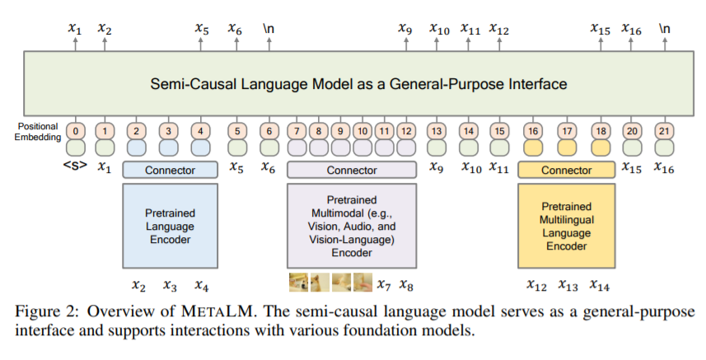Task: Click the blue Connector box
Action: (x=170, y=171)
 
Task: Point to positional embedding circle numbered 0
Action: (x=77, y=130)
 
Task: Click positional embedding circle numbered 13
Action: (x=437, y=130)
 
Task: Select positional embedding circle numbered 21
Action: (x=663, y=130)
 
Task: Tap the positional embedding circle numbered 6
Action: (x=269, y=130)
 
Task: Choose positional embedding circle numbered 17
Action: (x=566, y=130)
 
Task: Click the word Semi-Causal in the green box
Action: (x=186, y=84)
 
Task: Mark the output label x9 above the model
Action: (x=404, y=29)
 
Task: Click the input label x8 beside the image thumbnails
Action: (x=407, y=285)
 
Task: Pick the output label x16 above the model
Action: (x=631, y=29)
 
